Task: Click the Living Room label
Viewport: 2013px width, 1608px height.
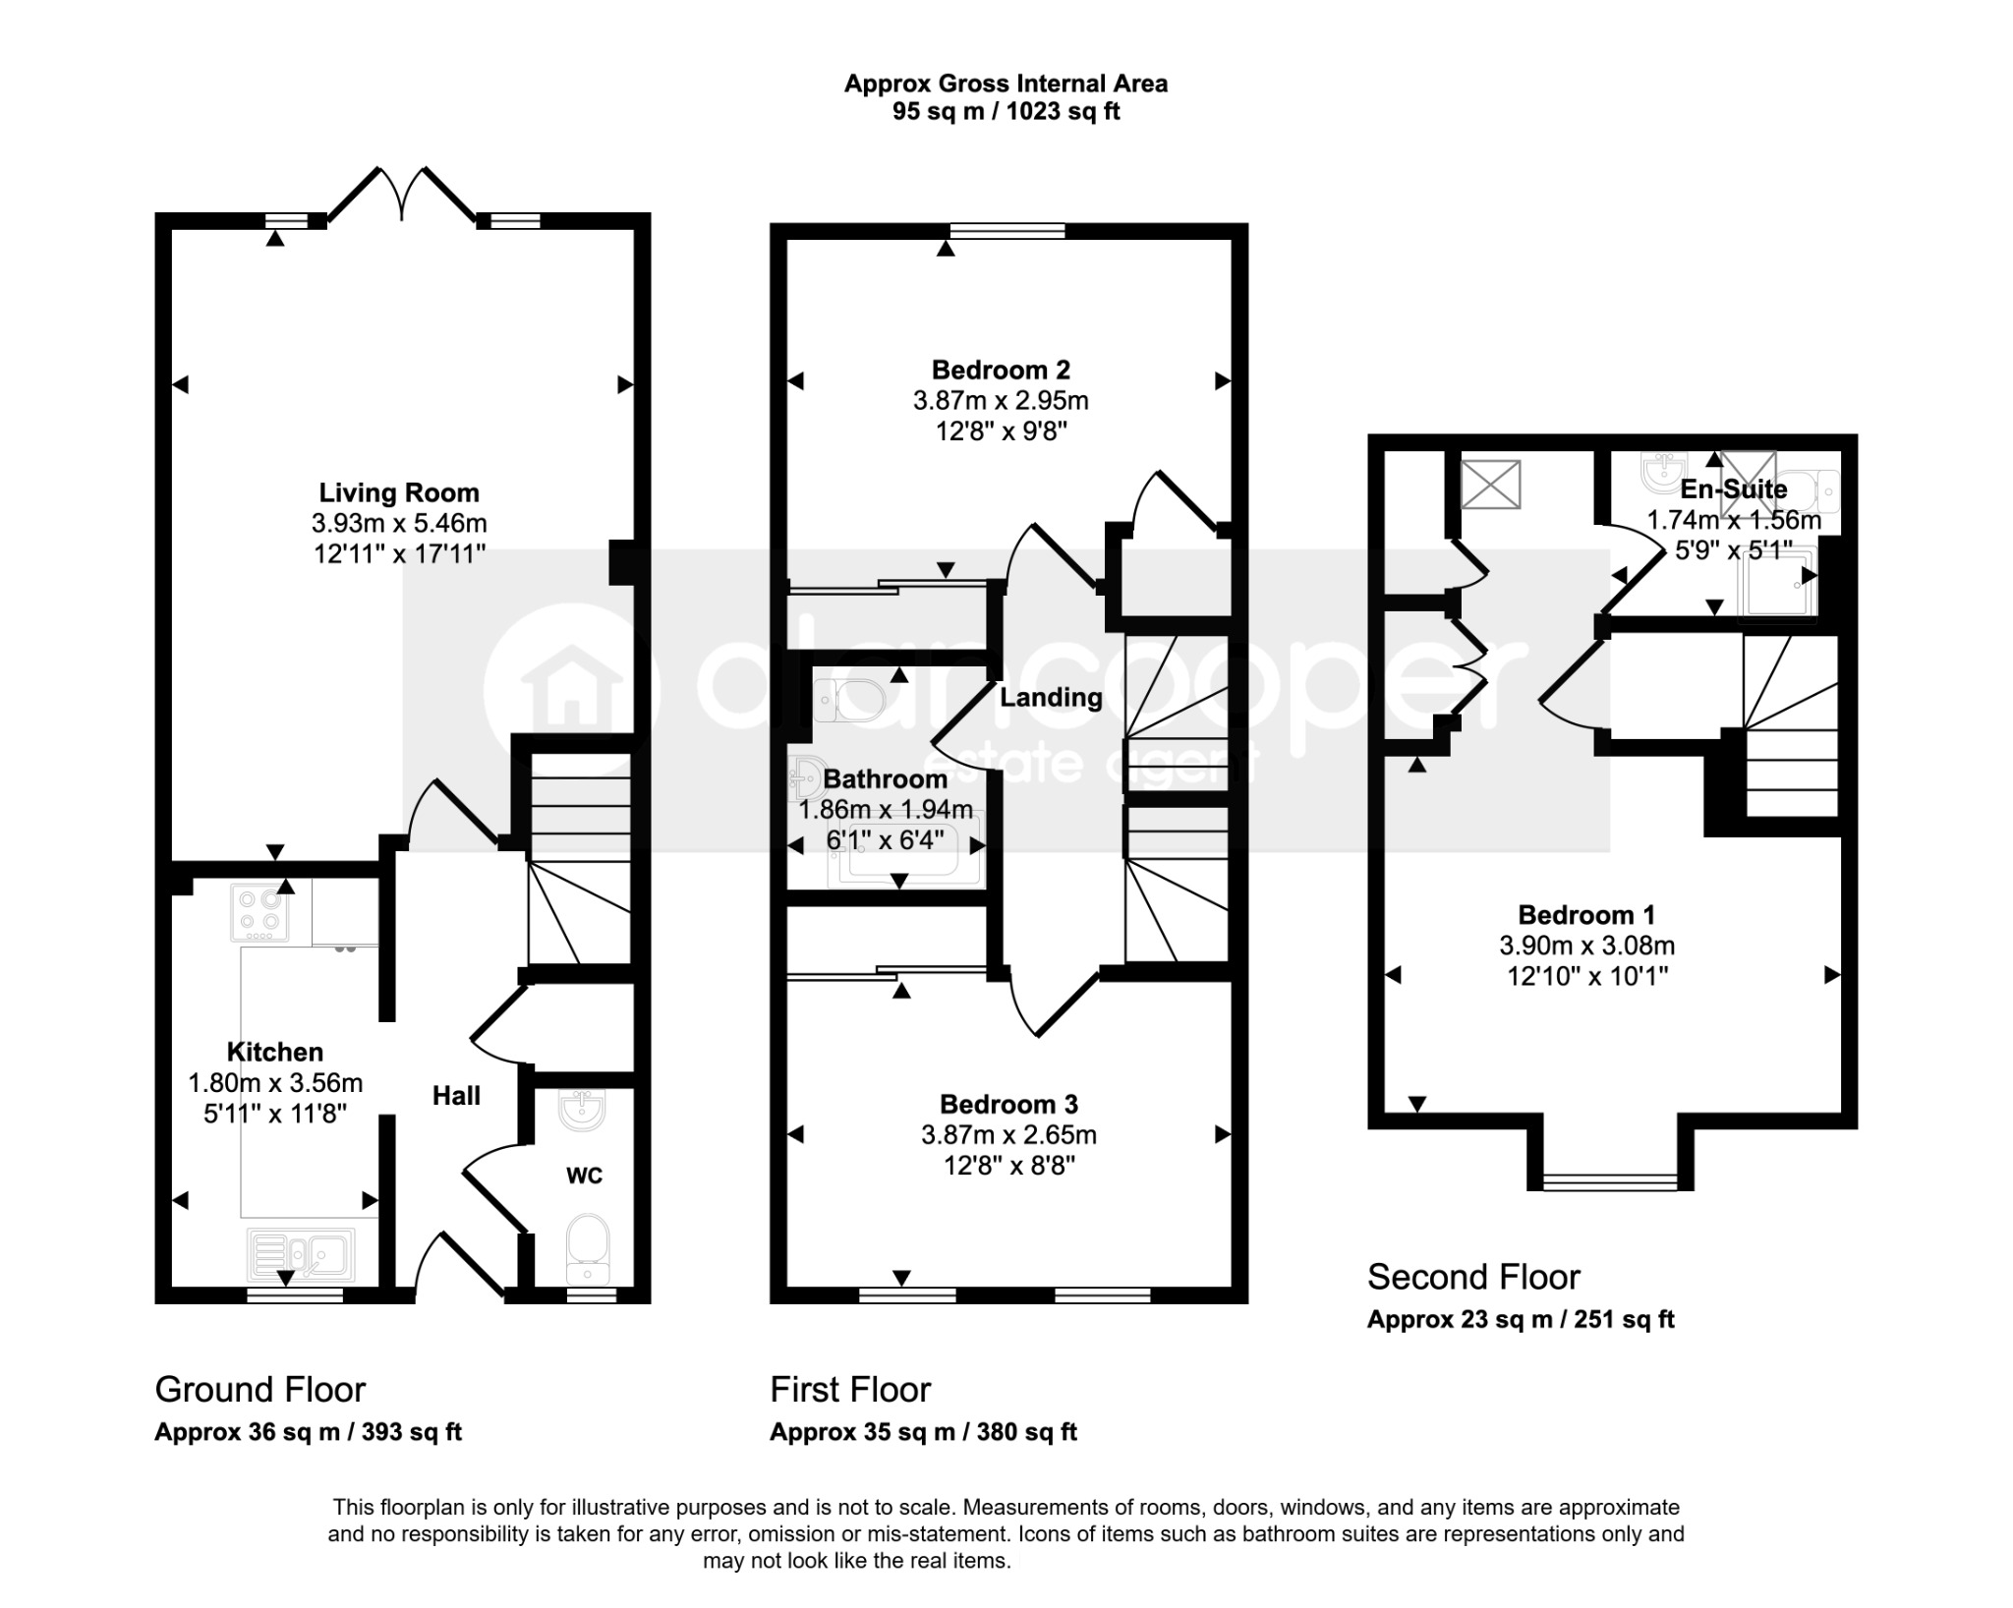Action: [x=399, y=492]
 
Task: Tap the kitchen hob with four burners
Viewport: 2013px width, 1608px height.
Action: [x=260, y=912]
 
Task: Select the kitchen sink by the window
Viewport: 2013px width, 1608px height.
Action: [x=301, y=1255]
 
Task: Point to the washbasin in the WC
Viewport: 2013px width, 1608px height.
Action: [x=582, y=1109]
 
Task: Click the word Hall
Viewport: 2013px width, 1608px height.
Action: [x=457, y=1096]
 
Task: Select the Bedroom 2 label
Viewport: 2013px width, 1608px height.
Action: [x=1001, y=370]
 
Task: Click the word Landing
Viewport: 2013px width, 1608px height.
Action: [x=1051, y=697]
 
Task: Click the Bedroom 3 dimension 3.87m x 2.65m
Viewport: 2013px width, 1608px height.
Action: [x=1008, y=1134]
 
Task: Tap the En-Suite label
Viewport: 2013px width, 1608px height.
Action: [x=1734, y=488]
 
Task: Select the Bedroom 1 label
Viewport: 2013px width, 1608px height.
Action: [x=1586, y=915]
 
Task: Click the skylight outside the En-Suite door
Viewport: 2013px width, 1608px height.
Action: [x=1490, y=485]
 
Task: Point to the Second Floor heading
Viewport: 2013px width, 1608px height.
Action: [x=1473, y=1277]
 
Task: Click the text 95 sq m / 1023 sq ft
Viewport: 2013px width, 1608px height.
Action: [x=1006, y=111]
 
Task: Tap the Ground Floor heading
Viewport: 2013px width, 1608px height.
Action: [x=260, y=1389]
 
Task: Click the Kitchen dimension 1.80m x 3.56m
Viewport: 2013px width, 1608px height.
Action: [x=275, y=1083]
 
